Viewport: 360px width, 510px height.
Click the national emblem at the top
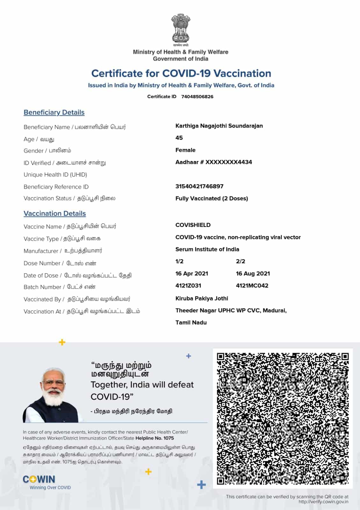tap(180, 29)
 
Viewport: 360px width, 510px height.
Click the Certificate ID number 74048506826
tap(197, 97)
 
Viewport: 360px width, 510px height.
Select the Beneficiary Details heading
tap(54, 113)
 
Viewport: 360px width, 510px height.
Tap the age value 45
tap(179, 138)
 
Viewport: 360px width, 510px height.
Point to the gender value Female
tap(185, 150)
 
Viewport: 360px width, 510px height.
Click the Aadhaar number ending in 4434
tap(213, 162)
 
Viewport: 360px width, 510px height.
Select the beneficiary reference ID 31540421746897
tap(199, 186)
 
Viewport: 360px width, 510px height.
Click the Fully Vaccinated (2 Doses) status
tap(212, 199)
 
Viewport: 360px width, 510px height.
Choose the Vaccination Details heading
tap(54, 214)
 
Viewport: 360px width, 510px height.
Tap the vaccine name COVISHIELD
tap(193, 225)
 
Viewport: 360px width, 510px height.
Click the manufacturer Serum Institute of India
tap(207, 249)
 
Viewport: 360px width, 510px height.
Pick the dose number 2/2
tap(241, 261)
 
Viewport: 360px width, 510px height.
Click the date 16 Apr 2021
tap(192, 273)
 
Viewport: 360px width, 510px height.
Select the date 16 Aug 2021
tap(253, 273)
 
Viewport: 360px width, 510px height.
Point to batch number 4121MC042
tap(252, 286)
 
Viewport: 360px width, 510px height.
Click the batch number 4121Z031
tap(188, 286)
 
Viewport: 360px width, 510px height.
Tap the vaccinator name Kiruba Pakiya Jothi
tap(202, 298)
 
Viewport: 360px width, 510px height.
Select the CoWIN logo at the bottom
tap(39, 479)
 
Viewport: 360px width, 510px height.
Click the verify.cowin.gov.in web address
tap(323, 502)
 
